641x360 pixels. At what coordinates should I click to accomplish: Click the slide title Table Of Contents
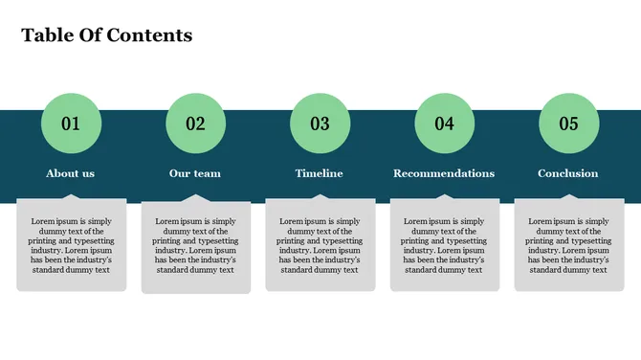tap(106, 35)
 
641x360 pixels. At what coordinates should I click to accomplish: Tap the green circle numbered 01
tap(71, 124)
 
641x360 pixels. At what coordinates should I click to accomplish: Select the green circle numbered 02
tap(195, 124)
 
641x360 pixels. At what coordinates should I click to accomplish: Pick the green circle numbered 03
tap(320, 124)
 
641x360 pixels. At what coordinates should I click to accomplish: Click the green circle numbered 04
tap(444, 124)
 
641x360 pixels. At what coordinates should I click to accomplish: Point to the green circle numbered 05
tap(568, 124)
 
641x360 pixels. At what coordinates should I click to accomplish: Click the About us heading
tap(71, 173)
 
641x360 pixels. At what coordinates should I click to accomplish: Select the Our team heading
tap(195, 173)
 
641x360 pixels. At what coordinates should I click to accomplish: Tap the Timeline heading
tap(320, 173)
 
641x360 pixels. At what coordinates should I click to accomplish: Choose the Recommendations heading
tap(444, 173)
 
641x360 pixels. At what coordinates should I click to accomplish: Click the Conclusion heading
tap(568, 173)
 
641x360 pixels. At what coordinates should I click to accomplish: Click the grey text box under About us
tap(71, 245)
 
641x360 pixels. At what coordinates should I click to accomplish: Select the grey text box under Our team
tap(195, 245)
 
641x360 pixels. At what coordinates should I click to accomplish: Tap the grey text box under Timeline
tap(320, 245)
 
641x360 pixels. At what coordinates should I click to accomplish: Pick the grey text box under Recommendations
tap(444, 245)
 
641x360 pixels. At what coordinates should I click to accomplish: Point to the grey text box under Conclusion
tap(568, 245)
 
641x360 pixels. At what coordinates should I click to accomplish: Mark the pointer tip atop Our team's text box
tap(195, 196)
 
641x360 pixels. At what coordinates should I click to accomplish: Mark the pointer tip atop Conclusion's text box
tap(568, 196)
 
